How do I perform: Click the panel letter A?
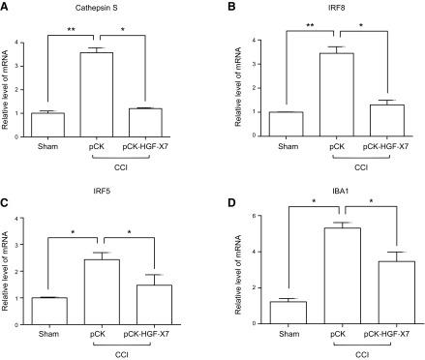pos(8,8)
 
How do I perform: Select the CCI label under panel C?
pos(118,356)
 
